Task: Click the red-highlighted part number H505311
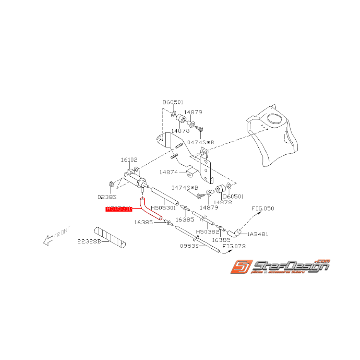pyautogui.click(x=119, y=209)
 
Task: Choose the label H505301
pyautogui.click(x=163, y=208)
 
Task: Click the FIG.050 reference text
pyautogui.click(x=263, y=208)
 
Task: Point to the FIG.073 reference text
pyautogui.click(x=234, y=246)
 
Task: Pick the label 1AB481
pyautogui.click(x=258, y=234)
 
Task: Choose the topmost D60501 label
pyautogui.click(x=173, y=102)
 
